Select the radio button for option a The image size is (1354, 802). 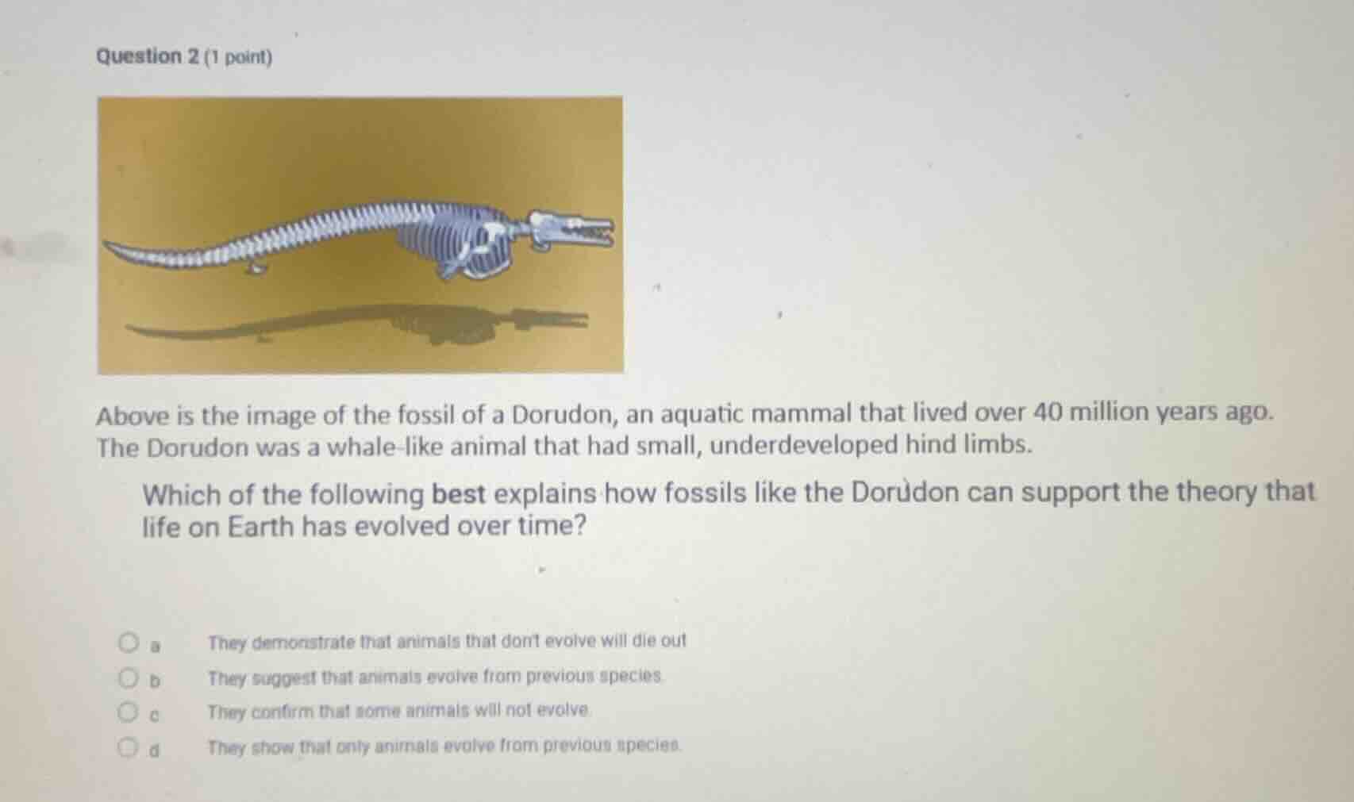click(x=127, y=642)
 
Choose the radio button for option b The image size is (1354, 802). click(x=127, y=678)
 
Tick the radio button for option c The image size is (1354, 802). click(x=127, y=713)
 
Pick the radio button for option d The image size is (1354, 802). click(x=127, y=748)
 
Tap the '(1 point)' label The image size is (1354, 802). click(x=238, y=58)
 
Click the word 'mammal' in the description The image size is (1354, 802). click(x=802, y=413)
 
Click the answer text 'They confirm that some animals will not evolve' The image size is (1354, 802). click(x=399, y=712)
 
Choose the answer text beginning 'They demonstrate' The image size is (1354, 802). click(x=447, y=641)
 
